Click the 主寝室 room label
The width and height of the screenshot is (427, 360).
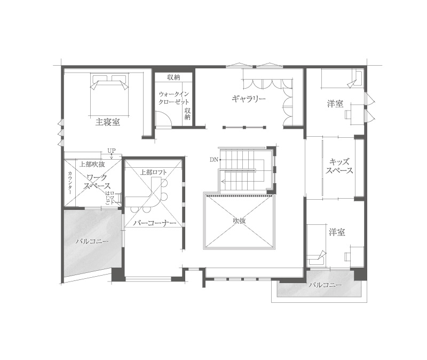click(108, 122)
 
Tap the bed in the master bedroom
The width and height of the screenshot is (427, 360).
click(110, 93)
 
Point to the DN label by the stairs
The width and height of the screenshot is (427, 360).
click(213, 160)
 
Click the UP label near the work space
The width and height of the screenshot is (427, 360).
click(111, 151)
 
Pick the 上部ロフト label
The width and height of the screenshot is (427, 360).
click(154, 172)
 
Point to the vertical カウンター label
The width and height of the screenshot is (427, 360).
click(70, 182)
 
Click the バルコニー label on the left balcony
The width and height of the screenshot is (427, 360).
click(92, 241)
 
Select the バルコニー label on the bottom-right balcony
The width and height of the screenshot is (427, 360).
click(325, 285)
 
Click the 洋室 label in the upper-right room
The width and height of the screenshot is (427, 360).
click(335, 104)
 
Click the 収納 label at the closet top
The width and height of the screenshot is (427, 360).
click(173, 77)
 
